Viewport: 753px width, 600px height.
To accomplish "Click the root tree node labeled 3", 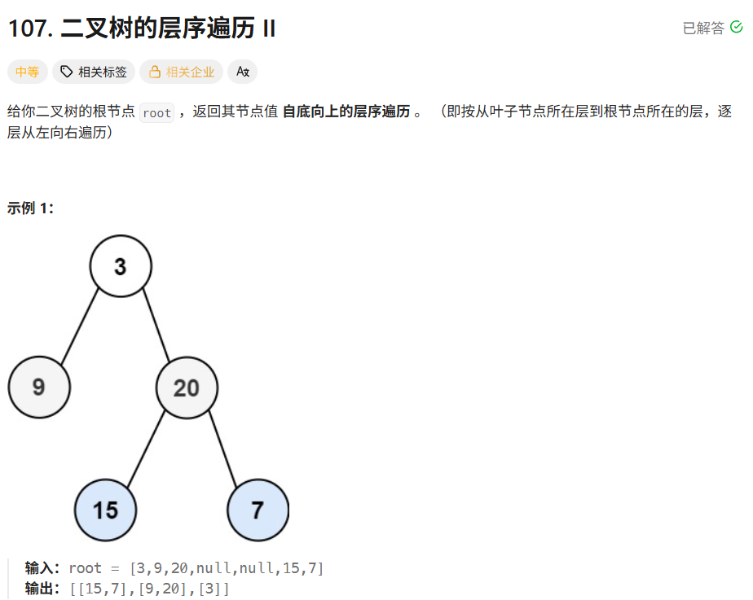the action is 121,266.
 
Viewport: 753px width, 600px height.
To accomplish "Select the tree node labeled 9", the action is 39,388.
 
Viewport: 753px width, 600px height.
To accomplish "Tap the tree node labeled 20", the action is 187,388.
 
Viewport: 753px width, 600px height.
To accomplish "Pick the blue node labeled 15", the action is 105,510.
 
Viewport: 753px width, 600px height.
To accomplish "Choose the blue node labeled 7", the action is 258,510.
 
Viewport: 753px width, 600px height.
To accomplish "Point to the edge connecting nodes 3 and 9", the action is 80,326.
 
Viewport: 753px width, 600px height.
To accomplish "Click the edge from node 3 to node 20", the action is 156,326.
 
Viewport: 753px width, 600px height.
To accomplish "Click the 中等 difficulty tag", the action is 28,72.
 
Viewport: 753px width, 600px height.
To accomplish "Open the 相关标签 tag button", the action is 94,72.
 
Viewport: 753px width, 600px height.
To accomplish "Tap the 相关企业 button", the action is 182,72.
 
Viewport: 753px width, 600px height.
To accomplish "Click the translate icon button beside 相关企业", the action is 243,72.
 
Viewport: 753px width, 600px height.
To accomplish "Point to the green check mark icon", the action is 737,27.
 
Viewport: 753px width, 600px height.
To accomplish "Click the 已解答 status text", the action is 703,28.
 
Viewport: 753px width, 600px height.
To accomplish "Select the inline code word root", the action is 156,113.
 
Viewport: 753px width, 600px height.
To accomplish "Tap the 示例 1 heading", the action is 31,208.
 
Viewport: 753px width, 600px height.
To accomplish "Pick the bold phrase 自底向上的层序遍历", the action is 346,112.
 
